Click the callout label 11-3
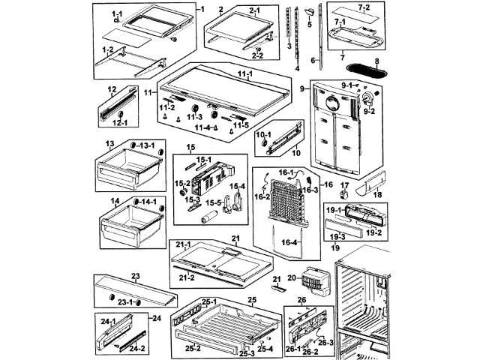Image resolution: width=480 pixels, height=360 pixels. tap(195, 117)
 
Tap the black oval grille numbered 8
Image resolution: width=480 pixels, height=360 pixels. tap(367, 70)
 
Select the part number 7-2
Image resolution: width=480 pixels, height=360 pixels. tap(363, 7)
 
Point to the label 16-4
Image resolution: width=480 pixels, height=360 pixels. tap(289, 242)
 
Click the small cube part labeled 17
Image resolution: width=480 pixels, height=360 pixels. tap(345, 195)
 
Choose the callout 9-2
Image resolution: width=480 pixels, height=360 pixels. tap(369, 112)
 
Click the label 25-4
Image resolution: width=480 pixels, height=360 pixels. tap(265, 348)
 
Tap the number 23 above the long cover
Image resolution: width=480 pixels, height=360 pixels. tap(135, 276)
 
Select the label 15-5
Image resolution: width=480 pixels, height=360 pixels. tap(213, 203)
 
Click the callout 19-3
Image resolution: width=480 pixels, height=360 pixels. tap(337, 236)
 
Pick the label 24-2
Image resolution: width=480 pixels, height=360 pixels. tap(136, 348)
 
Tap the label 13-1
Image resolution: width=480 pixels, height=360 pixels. tap(147, 145)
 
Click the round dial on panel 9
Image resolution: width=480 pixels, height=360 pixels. tap(332, 103)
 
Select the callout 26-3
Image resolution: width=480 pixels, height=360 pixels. tap(325, 342)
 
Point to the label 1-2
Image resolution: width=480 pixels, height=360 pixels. tap(108, 49)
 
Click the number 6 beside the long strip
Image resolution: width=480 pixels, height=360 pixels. tap(313, 60)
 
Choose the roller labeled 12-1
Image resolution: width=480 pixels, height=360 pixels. tap(121, 115)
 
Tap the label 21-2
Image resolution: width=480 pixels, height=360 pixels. tap(187, 277)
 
